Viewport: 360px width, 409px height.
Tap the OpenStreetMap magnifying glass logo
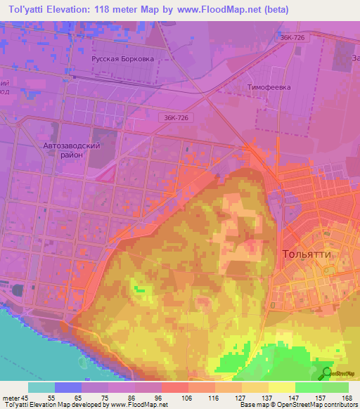coord(327,375)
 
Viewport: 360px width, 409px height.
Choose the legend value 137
coord(268,397)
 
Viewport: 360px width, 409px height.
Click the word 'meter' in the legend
coord(9,397)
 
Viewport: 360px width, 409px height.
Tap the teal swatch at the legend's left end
coord(41,387)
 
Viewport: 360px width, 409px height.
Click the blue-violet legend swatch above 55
coord(67,387)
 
